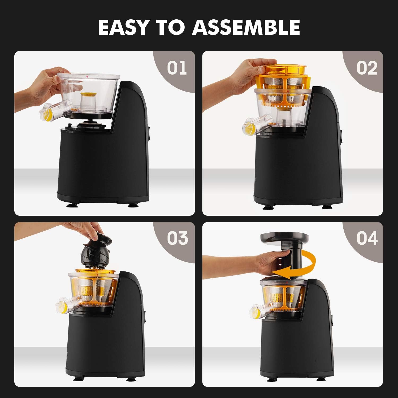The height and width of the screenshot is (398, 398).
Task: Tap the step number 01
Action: [177, 68]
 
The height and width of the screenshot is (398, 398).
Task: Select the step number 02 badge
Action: [367, 68]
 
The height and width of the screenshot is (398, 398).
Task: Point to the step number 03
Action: [177, 238]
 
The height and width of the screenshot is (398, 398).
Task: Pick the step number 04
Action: [367, 238]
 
